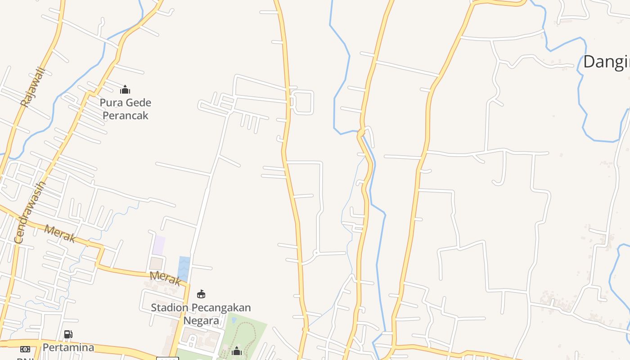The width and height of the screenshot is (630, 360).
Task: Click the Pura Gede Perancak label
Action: pos(126,109)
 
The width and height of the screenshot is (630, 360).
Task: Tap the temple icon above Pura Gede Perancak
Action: pos(125,90)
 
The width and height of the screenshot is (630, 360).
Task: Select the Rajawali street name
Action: pos(33,87)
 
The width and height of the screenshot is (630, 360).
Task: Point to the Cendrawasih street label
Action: pos(30,212)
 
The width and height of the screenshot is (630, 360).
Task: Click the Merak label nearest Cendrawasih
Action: pos(60,234)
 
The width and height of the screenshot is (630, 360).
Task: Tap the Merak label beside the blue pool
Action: pos(165,278)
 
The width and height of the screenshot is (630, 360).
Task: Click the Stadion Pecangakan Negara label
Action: pos(201,314)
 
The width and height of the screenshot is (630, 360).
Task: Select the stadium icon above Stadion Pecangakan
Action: pos(201,294)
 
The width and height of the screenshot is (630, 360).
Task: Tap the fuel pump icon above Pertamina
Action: pos(68,334)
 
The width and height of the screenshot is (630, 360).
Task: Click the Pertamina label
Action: pos(68,347)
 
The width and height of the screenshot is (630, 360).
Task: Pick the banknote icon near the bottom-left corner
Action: pos(25,349)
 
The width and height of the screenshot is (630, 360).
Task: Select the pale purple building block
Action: pos(158,245)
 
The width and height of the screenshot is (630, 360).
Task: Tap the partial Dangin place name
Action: pos(606,62)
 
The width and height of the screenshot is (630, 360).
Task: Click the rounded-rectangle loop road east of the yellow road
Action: pos(302,102)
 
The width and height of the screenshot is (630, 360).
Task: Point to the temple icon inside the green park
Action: pos(236,351)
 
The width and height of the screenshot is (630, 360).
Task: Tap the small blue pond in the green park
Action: pos(234,320)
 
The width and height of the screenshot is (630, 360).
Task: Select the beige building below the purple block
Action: pos(156,263)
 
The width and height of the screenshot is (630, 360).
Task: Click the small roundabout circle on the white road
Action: pos(316,253)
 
